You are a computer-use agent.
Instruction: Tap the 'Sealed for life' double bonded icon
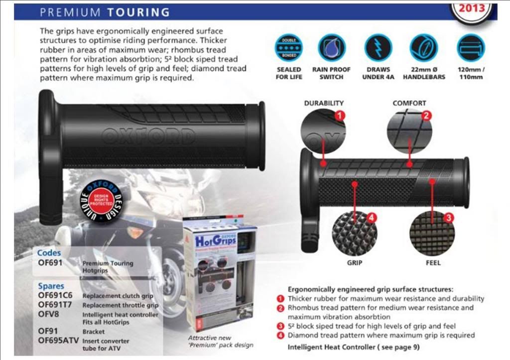pos(289,48)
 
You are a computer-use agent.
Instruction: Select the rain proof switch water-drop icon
pos(331,48)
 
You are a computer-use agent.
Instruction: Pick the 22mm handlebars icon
pos(424,48)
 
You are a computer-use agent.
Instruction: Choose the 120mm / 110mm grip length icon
pos(471,48)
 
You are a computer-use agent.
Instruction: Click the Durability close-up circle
pos(323,131)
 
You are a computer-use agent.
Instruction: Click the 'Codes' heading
pos(49,253)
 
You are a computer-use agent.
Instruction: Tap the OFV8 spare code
pos(48,314)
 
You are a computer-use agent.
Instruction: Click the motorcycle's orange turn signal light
pos(134,232)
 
